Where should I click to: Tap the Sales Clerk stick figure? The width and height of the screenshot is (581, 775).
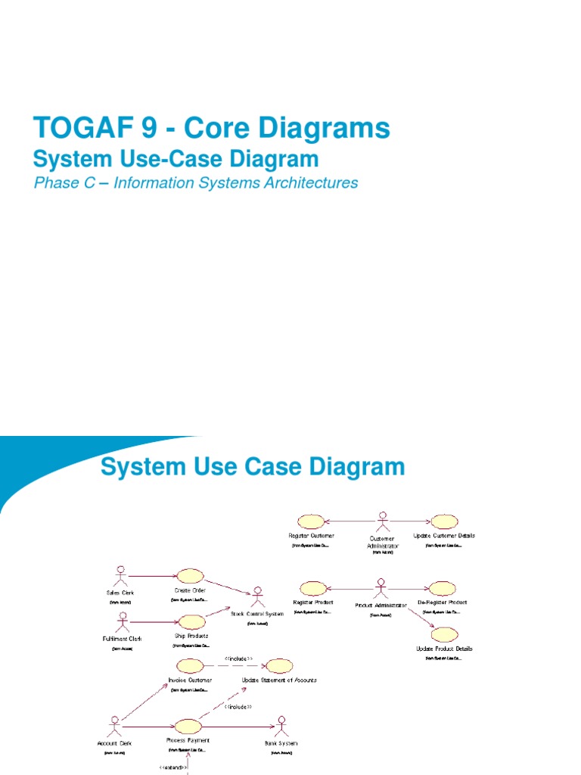[120, 576]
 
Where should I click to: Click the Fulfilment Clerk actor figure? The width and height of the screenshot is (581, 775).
[122, 622]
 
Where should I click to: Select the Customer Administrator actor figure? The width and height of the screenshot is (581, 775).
[382, 522]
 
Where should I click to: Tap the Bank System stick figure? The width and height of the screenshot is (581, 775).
[281, 726]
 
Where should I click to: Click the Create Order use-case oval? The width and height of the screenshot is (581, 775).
[189, 577]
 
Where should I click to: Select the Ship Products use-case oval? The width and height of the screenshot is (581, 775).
[191, 622]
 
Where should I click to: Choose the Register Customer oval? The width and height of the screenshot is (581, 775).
[311, 521]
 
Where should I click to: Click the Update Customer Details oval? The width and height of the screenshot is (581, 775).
[444, 521]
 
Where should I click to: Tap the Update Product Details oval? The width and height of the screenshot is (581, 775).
[445, 634]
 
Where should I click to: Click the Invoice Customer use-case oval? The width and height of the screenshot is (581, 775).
[190, 666]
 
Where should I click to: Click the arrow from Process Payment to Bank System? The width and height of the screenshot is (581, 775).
[238, 726]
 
